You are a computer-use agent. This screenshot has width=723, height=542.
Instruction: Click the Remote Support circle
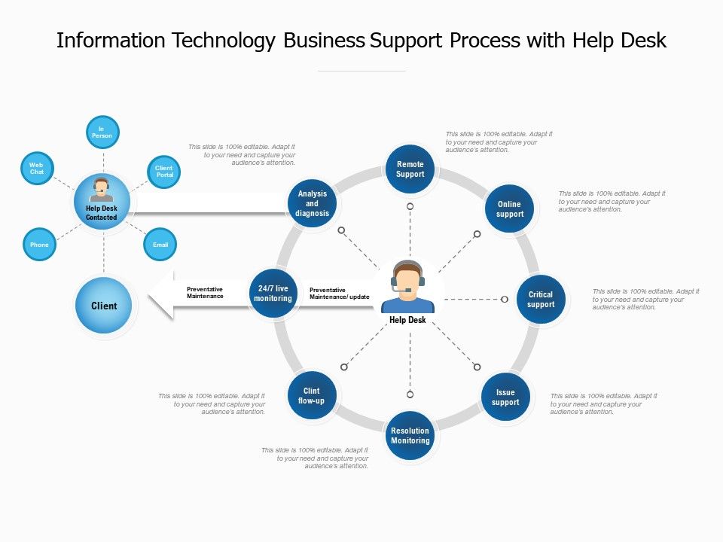410,169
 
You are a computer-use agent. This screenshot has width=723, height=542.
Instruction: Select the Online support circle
509,209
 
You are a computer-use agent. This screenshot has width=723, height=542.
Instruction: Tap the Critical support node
541,300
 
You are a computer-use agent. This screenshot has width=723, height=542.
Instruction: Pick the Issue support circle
505,397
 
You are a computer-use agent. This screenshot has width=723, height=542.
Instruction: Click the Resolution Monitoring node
410,436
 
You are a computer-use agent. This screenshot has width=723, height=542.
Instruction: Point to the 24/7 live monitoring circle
273,294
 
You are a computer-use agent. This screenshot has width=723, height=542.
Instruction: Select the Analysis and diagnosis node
312,203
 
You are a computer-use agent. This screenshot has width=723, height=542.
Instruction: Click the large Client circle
104,306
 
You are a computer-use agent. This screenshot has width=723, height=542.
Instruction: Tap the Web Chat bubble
37,168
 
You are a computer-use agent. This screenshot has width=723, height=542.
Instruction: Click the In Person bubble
102,132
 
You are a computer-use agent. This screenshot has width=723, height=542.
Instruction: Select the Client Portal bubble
163,172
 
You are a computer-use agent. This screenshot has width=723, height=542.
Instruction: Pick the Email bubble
160,245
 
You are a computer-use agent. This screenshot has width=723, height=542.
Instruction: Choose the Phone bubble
39,245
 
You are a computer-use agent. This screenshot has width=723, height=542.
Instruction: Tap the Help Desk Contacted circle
102,203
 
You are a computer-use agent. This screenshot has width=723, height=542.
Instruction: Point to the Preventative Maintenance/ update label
339,294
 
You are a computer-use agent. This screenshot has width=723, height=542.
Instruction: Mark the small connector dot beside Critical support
505,300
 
